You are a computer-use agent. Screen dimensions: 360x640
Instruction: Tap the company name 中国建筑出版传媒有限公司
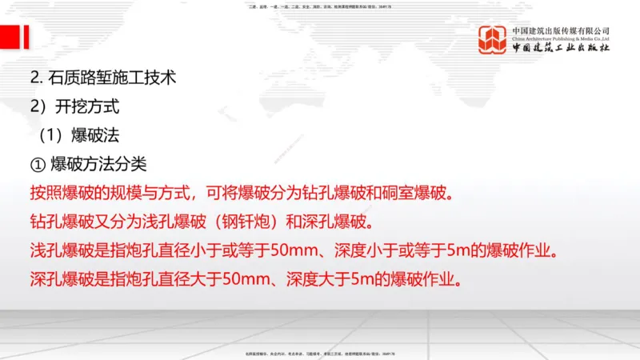point(561,30)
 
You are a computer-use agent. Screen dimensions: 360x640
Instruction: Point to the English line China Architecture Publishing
point(561,38)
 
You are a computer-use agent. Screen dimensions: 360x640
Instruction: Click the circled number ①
point(38,165)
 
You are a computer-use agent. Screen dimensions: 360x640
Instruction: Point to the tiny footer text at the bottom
point(319,354)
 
